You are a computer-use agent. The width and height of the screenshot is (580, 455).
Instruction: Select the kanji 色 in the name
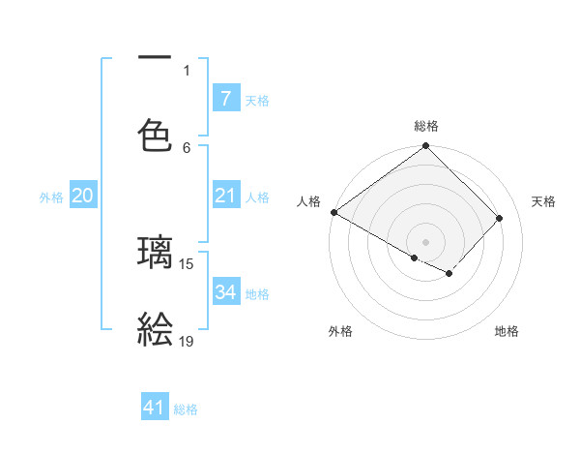coord(156,132)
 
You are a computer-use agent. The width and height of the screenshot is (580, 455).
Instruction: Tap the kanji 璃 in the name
coord(156,253)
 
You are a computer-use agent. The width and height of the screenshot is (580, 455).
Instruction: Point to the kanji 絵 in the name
coord(156,330)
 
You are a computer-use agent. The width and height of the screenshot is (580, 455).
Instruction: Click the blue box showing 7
coord(225,98)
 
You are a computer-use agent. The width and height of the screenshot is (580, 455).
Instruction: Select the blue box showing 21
coord(225,196)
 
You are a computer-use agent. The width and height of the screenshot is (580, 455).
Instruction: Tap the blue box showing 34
coord(225,292)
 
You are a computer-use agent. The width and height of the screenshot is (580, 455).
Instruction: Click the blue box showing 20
coord(82,196)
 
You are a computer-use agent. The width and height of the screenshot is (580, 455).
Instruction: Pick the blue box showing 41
coord(155,409)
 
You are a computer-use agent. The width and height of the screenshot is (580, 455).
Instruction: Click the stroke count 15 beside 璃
coord(187,263)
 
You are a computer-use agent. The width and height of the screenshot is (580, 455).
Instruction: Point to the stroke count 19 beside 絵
coord(187,341)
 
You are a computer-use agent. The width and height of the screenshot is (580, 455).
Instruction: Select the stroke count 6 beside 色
coord(187,147)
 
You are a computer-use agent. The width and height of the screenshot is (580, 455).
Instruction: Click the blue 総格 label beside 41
coord(186,409)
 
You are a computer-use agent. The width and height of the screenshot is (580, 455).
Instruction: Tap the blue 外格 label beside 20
coord(51,197)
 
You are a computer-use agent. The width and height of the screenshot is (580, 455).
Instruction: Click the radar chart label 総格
coord(425,126)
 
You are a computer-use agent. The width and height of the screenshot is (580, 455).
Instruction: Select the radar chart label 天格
coord(543,201)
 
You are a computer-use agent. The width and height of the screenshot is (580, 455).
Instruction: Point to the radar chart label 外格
coord(339,331)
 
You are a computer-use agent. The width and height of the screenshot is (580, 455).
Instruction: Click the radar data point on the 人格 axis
coord(333,212)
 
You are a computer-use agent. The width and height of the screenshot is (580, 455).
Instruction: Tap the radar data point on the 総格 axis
coord(425,147)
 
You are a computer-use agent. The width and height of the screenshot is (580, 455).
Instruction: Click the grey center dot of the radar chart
coord(425,241)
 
